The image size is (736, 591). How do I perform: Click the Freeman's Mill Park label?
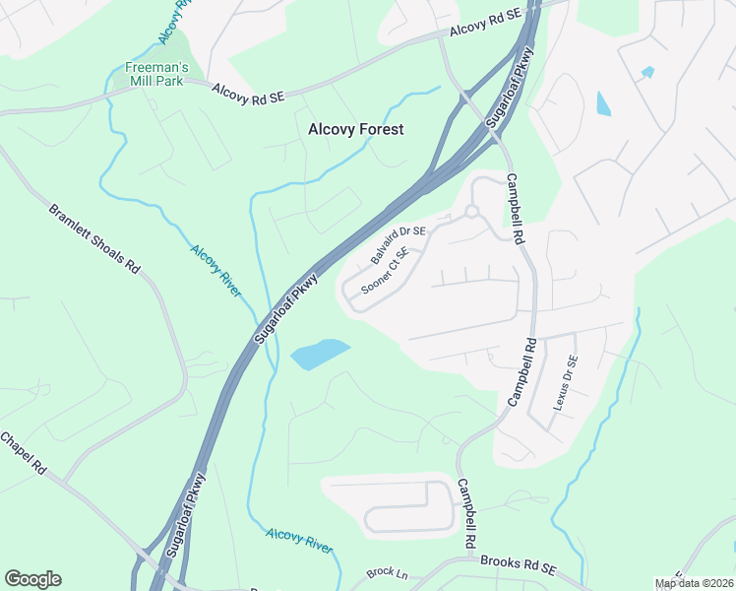point(156,74)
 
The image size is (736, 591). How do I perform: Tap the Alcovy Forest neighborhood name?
point(355,129)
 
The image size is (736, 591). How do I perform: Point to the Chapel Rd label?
point(24,455)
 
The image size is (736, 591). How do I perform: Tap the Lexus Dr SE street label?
point(565,384)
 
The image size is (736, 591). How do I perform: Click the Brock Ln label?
point(380,572)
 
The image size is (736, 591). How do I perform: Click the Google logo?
point(32,579)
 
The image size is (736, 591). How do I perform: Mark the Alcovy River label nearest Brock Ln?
point(299,539)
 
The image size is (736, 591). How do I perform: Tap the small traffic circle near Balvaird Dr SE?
point(471,211)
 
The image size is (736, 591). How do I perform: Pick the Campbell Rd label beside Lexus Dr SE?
point(521,373)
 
